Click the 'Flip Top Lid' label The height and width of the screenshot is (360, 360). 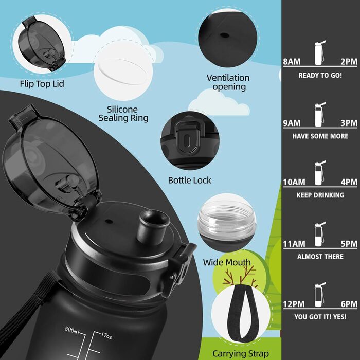click(42, 84)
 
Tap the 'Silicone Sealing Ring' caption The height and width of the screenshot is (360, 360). click(123, 114)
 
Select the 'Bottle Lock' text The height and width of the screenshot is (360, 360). click(189, 181)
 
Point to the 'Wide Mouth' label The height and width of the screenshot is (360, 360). click(227, 262)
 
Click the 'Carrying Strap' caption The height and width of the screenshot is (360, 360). click(241, 354)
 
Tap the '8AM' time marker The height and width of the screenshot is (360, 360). click(292, 62)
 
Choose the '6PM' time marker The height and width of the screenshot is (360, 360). click(349, 304)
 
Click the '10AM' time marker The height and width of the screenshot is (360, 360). click(294, 182)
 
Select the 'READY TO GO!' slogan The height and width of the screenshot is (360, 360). click(320, 75)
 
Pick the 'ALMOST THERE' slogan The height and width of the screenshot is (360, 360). click(320, 257)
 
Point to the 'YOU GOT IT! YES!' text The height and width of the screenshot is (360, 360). click(320, 317)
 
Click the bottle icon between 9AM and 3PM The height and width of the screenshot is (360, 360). click(320, 115)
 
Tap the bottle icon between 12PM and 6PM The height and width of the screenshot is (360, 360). click(320, 295)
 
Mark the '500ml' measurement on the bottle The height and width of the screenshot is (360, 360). click(71, 330)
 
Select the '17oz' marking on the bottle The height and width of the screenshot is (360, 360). click(106, 336)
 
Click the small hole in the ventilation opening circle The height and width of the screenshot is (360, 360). click(224, 35)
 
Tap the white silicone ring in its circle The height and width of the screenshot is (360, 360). click(123, 71)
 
